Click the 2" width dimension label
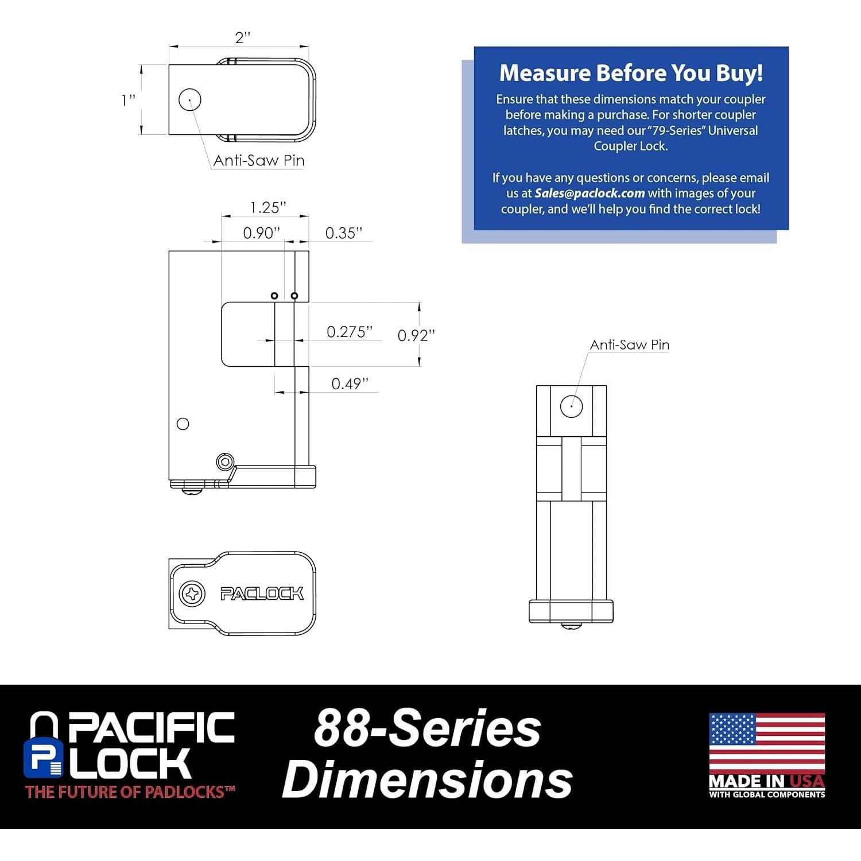pos(243,38)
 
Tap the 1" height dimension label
pos(129,100)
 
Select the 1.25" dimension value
pos(268,207)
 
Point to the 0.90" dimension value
pos(261,232)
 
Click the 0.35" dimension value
pos(344,232)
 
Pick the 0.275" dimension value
pos(350,332)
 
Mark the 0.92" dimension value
pos(416,335)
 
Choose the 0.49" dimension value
pos(350,383)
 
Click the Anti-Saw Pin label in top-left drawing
pos(258,161)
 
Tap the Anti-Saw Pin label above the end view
pos(629,345)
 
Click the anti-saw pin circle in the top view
pos(190,100)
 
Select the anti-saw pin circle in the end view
pos(571,406)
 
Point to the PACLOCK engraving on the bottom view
pos(262,594)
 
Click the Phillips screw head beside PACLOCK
pos(192,593)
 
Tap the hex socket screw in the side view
pos(226,461)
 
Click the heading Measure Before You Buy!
pos(631,73)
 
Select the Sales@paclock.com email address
pos(589,193)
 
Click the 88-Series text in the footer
pos(427,728)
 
